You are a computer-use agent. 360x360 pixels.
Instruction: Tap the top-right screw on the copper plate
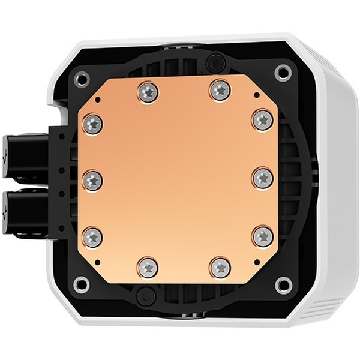pyautogui.click(x=220, y=90)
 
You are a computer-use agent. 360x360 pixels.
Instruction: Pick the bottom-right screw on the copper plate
pyautogui.click(x=220, y=265)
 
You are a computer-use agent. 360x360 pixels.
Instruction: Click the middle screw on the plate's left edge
pyautogui.click(x=92, y=179)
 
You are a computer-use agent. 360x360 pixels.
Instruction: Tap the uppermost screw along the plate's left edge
pyautogui.click(x=92, y=124)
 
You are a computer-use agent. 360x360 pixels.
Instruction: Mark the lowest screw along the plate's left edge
pyautogui.click(x=92, y=236)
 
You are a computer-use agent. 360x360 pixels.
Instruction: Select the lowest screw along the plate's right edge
pyautogui.click(x=263, y=235)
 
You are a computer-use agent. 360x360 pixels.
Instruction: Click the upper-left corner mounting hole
pyautogui.click(x=83, y=77)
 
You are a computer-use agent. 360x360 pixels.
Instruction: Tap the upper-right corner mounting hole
pyautogui.click(x=282, y=73)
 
